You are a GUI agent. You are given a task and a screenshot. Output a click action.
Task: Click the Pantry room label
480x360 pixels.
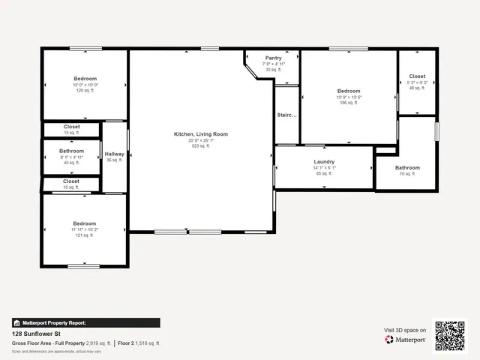tap(272, 58)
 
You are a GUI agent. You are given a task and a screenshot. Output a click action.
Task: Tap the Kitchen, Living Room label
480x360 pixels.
tap(200, 134)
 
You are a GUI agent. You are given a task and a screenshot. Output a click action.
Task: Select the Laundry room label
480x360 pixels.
tap(324, 161)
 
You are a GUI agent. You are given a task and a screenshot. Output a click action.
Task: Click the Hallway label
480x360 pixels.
tap(115, 154)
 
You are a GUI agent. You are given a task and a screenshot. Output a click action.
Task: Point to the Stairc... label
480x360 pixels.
tap(287, 115)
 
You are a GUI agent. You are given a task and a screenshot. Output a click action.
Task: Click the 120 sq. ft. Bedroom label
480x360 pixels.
tap(85, 79)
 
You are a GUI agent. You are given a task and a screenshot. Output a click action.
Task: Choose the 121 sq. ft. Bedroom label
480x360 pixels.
tap(84, 223)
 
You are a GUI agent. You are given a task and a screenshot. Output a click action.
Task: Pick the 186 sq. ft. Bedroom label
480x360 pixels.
tap(348, 91)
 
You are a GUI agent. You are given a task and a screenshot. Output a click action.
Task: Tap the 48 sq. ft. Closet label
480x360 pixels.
tap(416, 76)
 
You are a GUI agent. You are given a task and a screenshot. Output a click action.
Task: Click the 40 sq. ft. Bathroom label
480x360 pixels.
tap(71, 151)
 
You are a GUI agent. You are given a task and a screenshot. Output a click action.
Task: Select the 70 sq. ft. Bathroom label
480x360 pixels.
tap(407, 168)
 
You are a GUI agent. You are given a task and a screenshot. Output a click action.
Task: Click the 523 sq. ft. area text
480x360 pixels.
tap(200, 146)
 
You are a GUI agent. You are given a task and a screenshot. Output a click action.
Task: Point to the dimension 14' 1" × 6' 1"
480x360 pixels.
tap(324, 167)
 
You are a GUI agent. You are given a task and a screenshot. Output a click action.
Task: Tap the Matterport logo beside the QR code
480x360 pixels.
tap(406, 340)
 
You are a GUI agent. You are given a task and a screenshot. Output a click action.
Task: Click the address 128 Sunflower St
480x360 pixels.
tap(36, 333)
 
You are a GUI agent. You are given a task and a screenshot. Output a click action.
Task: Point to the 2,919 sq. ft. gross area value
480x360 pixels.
tap(98, 343)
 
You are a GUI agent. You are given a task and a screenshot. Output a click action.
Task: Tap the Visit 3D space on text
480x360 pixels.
tap(405, 330)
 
